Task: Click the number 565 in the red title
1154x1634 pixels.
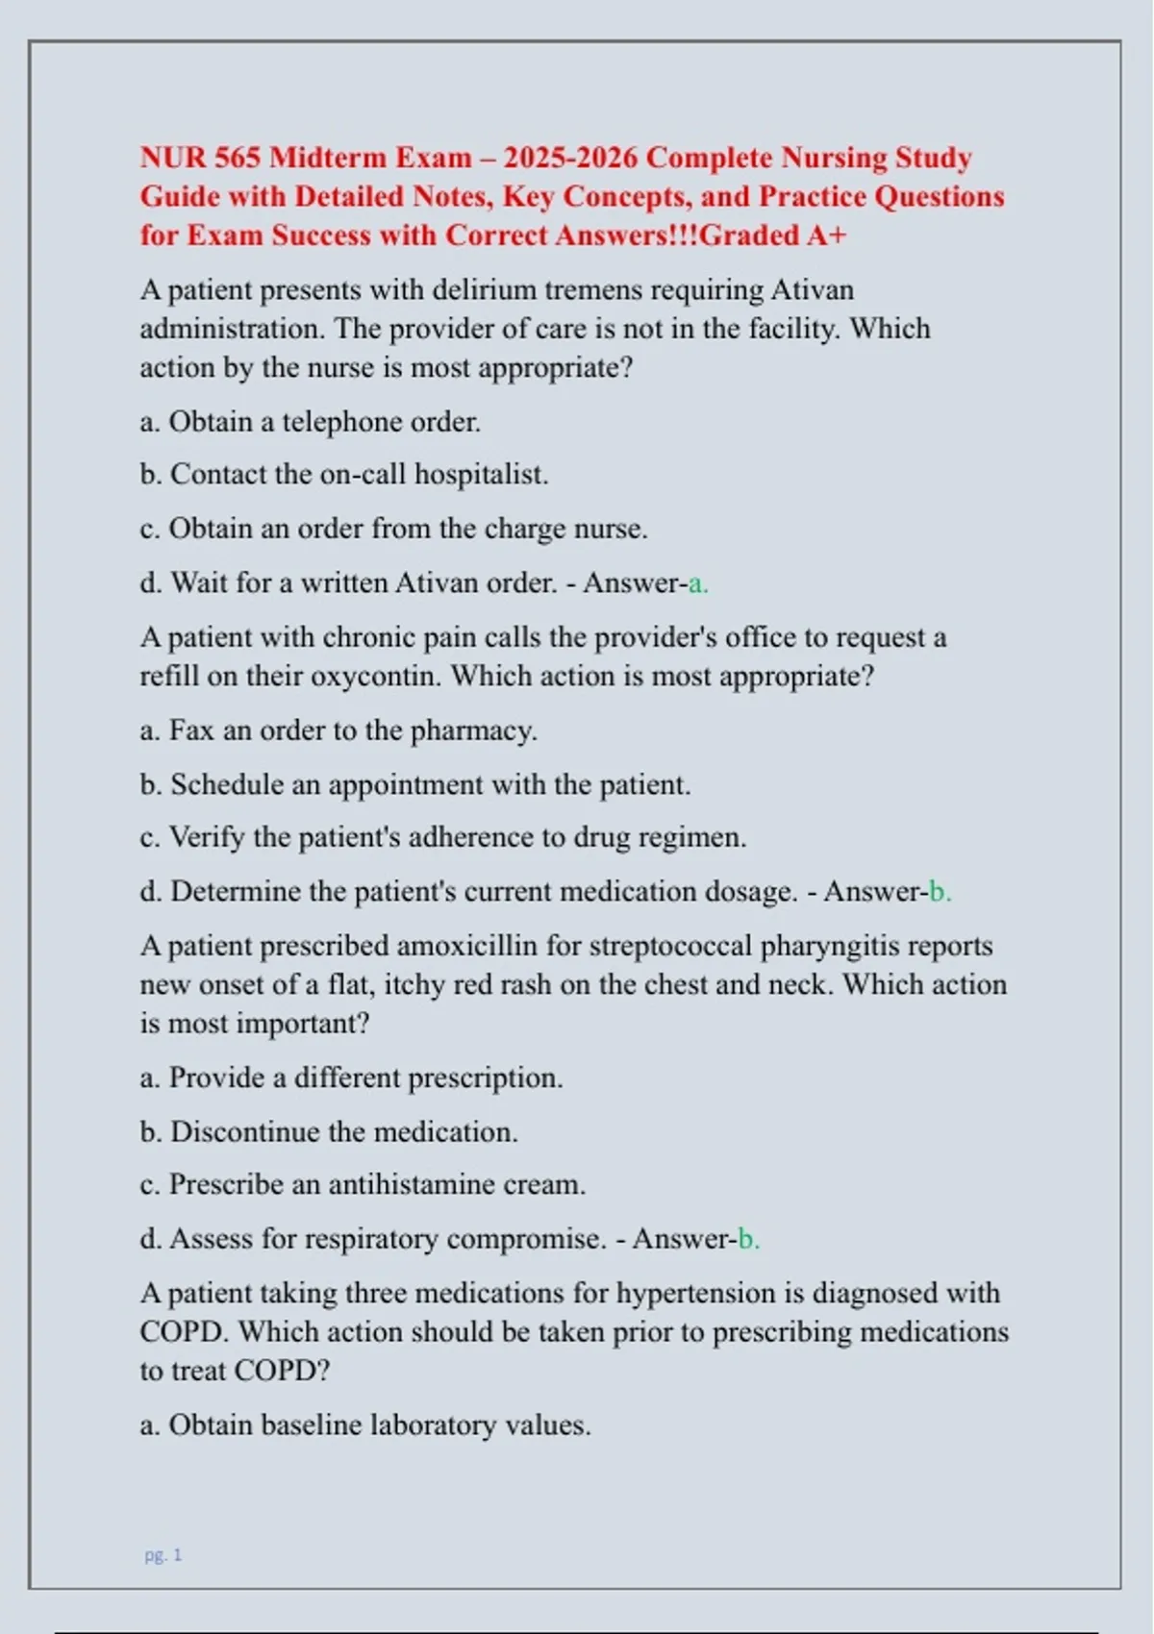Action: tap(238, 158)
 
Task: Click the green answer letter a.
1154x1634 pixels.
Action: tap(698, 583)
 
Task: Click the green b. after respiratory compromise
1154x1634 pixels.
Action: tap(748, 1239)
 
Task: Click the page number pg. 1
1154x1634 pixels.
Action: tap(163, 1555)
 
